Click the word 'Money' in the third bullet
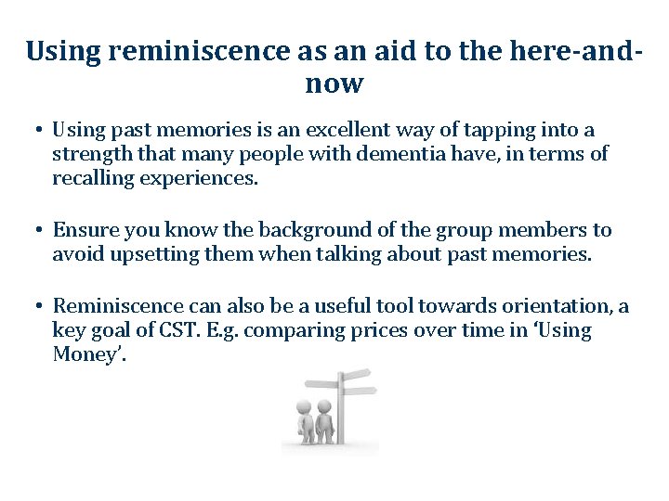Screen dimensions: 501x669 85,354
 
